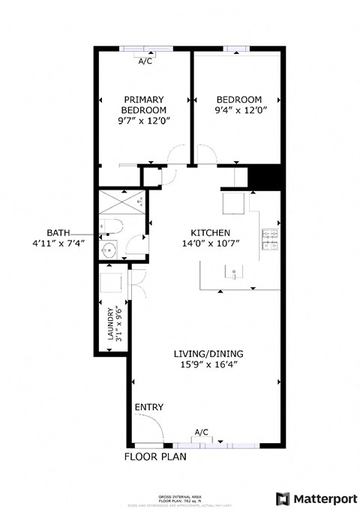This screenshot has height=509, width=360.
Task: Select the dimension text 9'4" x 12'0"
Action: click(x=238, y=112)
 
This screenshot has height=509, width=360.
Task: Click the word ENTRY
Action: click(x=148, y=407)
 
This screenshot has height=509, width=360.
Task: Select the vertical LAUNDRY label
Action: click(x=109, y=325)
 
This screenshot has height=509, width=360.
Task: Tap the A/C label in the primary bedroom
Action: click(x=145, y=61)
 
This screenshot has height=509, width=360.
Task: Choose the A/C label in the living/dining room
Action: click(x=201, y=433)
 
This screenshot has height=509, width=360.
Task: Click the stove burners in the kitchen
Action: click(x=270, y=239)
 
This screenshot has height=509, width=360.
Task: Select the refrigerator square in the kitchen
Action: click(x=233, y=202)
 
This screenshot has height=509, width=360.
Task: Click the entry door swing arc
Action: click(x=150, y=430)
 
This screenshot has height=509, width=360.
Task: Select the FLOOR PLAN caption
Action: click(x=155, y=456)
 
